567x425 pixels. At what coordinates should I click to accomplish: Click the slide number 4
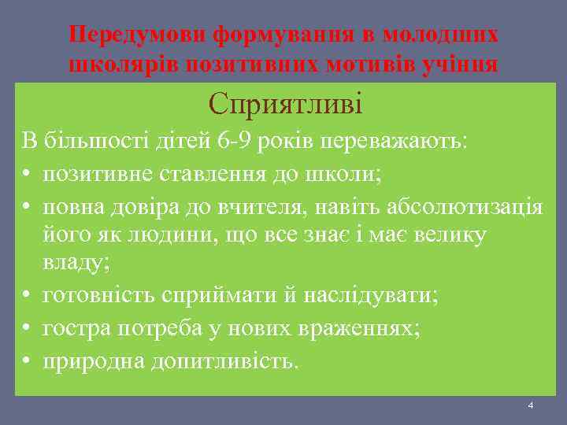(x=531, y=405)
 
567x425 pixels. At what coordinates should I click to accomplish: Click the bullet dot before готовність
(x=27, y=296)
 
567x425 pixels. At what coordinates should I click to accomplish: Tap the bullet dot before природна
(x=27, y=360)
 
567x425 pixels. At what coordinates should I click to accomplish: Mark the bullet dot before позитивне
(x=27, y=174)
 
